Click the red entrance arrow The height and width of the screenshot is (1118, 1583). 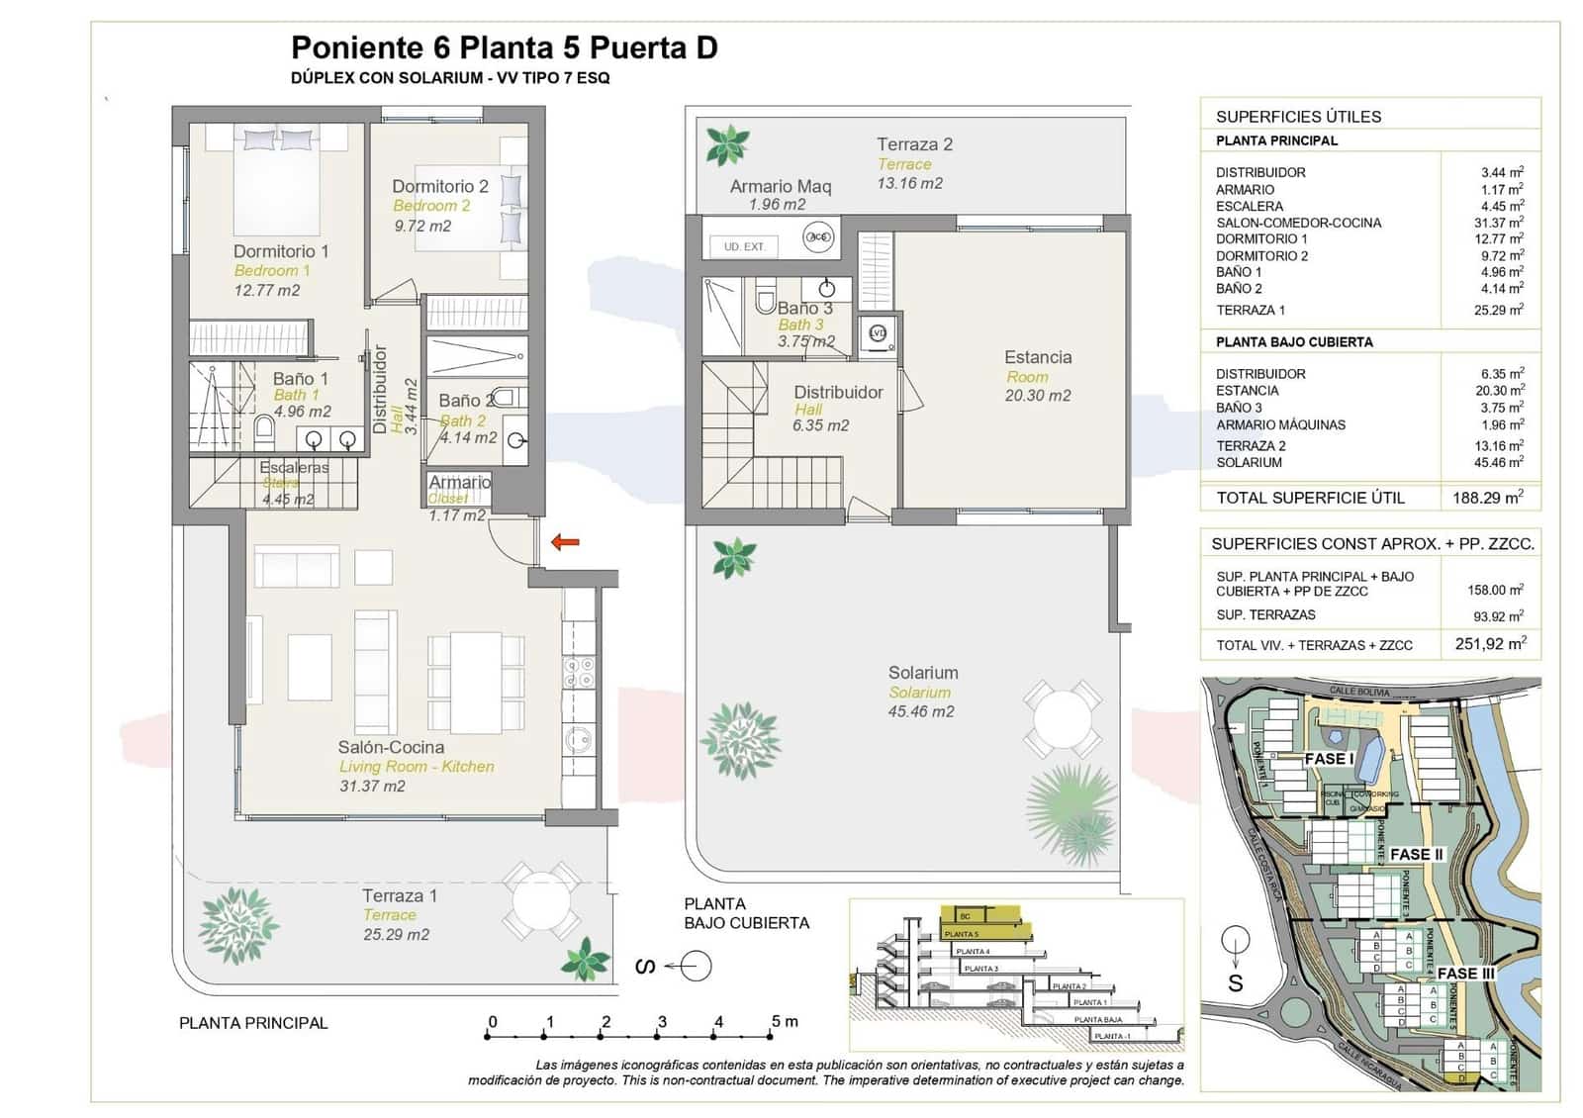click(x=565, y=541)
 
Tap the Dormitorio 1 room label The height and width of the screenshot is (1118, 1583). click(x=281, y=251)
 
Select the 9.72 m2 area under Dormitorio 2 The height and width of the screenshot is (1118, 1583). click(x=422, y=226)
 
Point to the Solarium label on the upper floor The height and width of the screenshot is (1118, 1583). click(x=922, y=673)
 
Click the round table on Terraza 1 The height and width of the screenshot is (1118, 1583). click(x=539, y=899)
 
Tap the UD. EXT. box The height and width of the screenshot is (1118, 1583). click(x=745, y=246)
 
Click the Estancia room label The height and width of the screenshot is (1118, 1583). click(x=1038, y=357)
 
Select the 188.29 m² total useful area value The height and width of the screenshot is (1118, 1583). click(x=1487, y=498)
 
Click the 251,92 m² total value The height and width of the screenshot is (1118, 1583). click(x=1490, y=644)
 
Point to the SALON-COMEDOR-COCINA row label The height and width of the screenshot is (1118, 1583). click(x=1298, y=223)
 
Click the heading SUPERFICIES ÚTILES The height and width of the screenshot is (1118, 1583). click(x=1298, y=117)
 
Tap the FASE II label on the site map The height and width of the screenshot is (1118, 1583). click(x=1417, y=854)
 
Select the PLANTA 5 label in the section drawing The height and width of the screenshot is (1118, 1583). click(x=961, y=934)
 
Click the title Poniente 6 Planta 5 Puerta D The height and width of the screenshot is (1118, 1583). click(x=504, y=47)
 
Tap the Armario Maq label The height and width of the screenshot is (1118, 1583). click(x=781, y=186)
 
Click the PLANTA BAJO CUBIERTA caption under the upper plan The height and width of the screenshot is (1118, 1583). click(x=746, y=913)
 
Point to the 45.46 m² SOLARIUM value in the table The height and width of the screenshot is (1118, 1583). click(x=1499, y=462)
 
